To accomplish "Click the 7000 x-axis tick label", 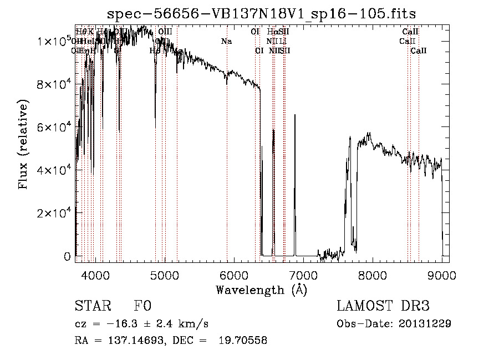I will pyautogui.click(x=303, y=275).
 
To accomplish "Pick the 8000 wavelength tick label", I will pyautogui.click(x=372, y=275).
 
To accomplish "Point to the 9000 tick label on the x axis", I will pyautogui.click(x=441, y=275).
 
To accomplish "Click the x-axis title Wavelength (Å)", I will pyautogui.click(x=261, y=290).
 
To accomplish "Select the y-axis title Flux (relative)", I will pyautogui.click(x=23, y=145).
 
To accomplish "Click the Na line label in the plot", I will pyautogui.click(x=226, y=41).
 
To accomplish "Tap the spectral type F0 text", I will pyautogui.click(x=142, y=306).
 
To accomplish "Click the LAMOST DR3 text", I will pyautogui.click(x=383, y=306).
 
